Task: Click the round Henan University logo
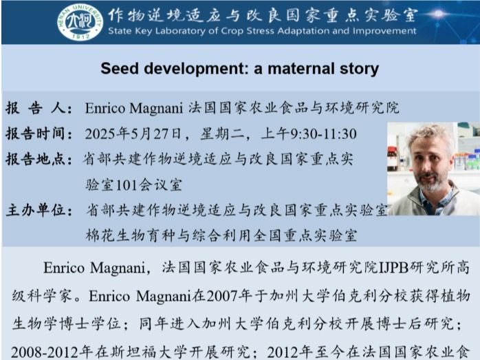pyautogui.click(x=80, y=23)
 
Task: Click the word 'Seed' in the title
pyautogui.click(x=120, y=68)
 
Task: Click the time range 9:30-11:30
pyautogui.click(x=323, y=134)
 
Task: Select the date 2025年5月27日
pyautogui.click(x=133, y=134)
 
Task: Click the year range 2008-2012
pyautogui.click(x=44, y=352)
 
